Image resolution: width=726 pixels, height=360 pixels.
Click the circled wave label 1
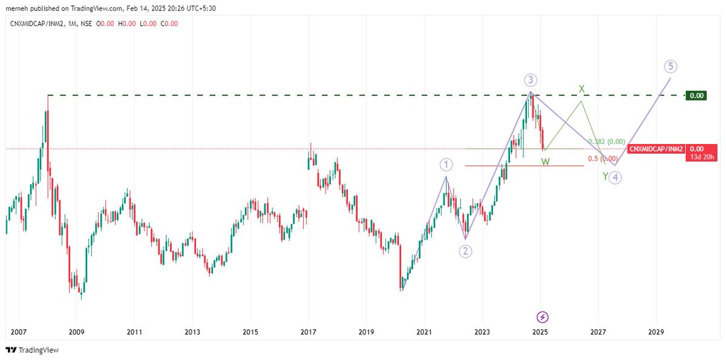pyautogui.click(x=446, y=165)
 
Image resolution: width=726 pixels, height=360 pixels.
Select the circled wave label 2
pyautogui.click(x=465, y=251)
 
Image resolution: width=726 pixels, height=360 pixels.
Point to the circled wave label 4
pyautogui.click(x=614, y=177)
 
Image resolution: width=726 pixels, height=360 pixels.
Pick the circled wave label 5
pyautogui.click(x=670, y=66)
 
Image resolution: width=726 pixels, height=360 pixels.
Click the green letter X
pyautogui.click(x=581, y=89)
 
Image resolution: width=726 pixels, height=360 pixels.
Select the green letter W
pyautogui.click(x=545, y=162)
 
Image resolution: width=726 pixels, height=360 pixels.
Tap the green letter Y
pyautogui.click(x=605, y=176)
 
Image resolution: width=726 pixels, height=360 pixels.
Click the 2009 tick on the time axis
pyautogui.click(x=77, y=332)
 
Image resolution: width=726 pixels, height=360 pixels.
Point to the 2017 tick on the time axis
pyautogui.click(x=309, y=332)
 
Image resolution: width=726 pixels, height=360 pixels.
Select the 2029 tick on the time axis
pyautogui.click(x=656, y=332)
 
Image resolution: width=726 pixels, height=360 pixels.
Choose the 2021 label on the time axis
pyautogui.click(x=424, y=332)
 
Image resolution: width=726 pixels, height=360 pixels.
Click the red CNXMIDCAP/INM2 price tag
pyautogui.click(x=656, y=148)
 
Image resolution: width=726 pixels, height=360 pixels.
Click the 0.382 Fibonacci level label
pyautogui.click(x=606, y=142)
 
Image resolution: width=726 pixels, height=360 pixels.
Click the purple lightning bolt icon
pyautogui.click(x=543, y=316)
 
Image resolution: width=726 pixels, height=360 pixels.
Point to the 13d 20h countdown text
pyautogui.click(x=704, y=157)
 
